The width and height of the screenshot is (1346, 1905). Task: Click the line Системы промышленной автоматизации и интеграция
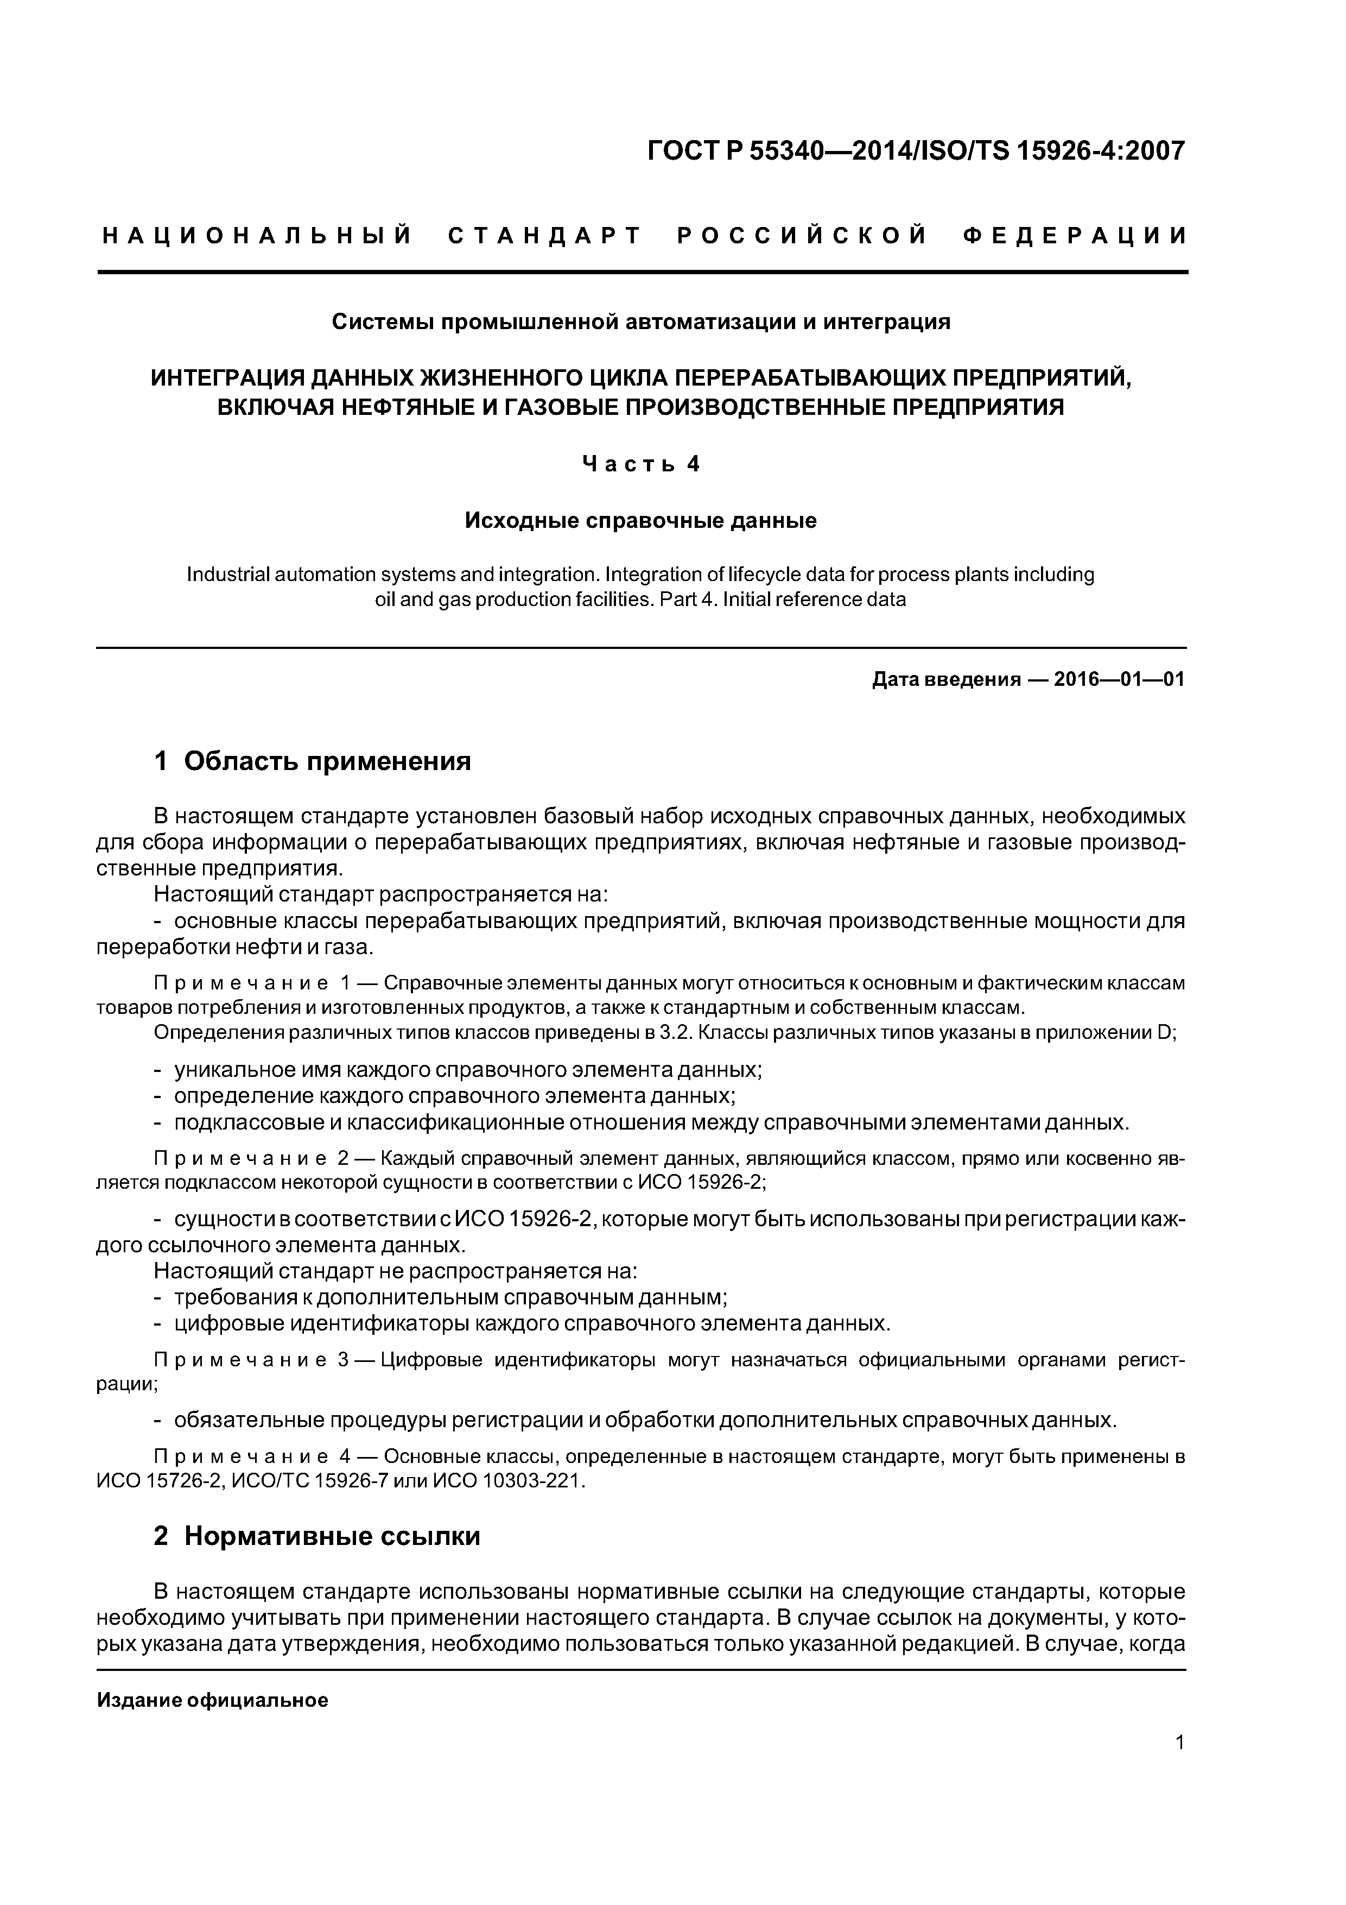pyautogui.click(x=640, y=322)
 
